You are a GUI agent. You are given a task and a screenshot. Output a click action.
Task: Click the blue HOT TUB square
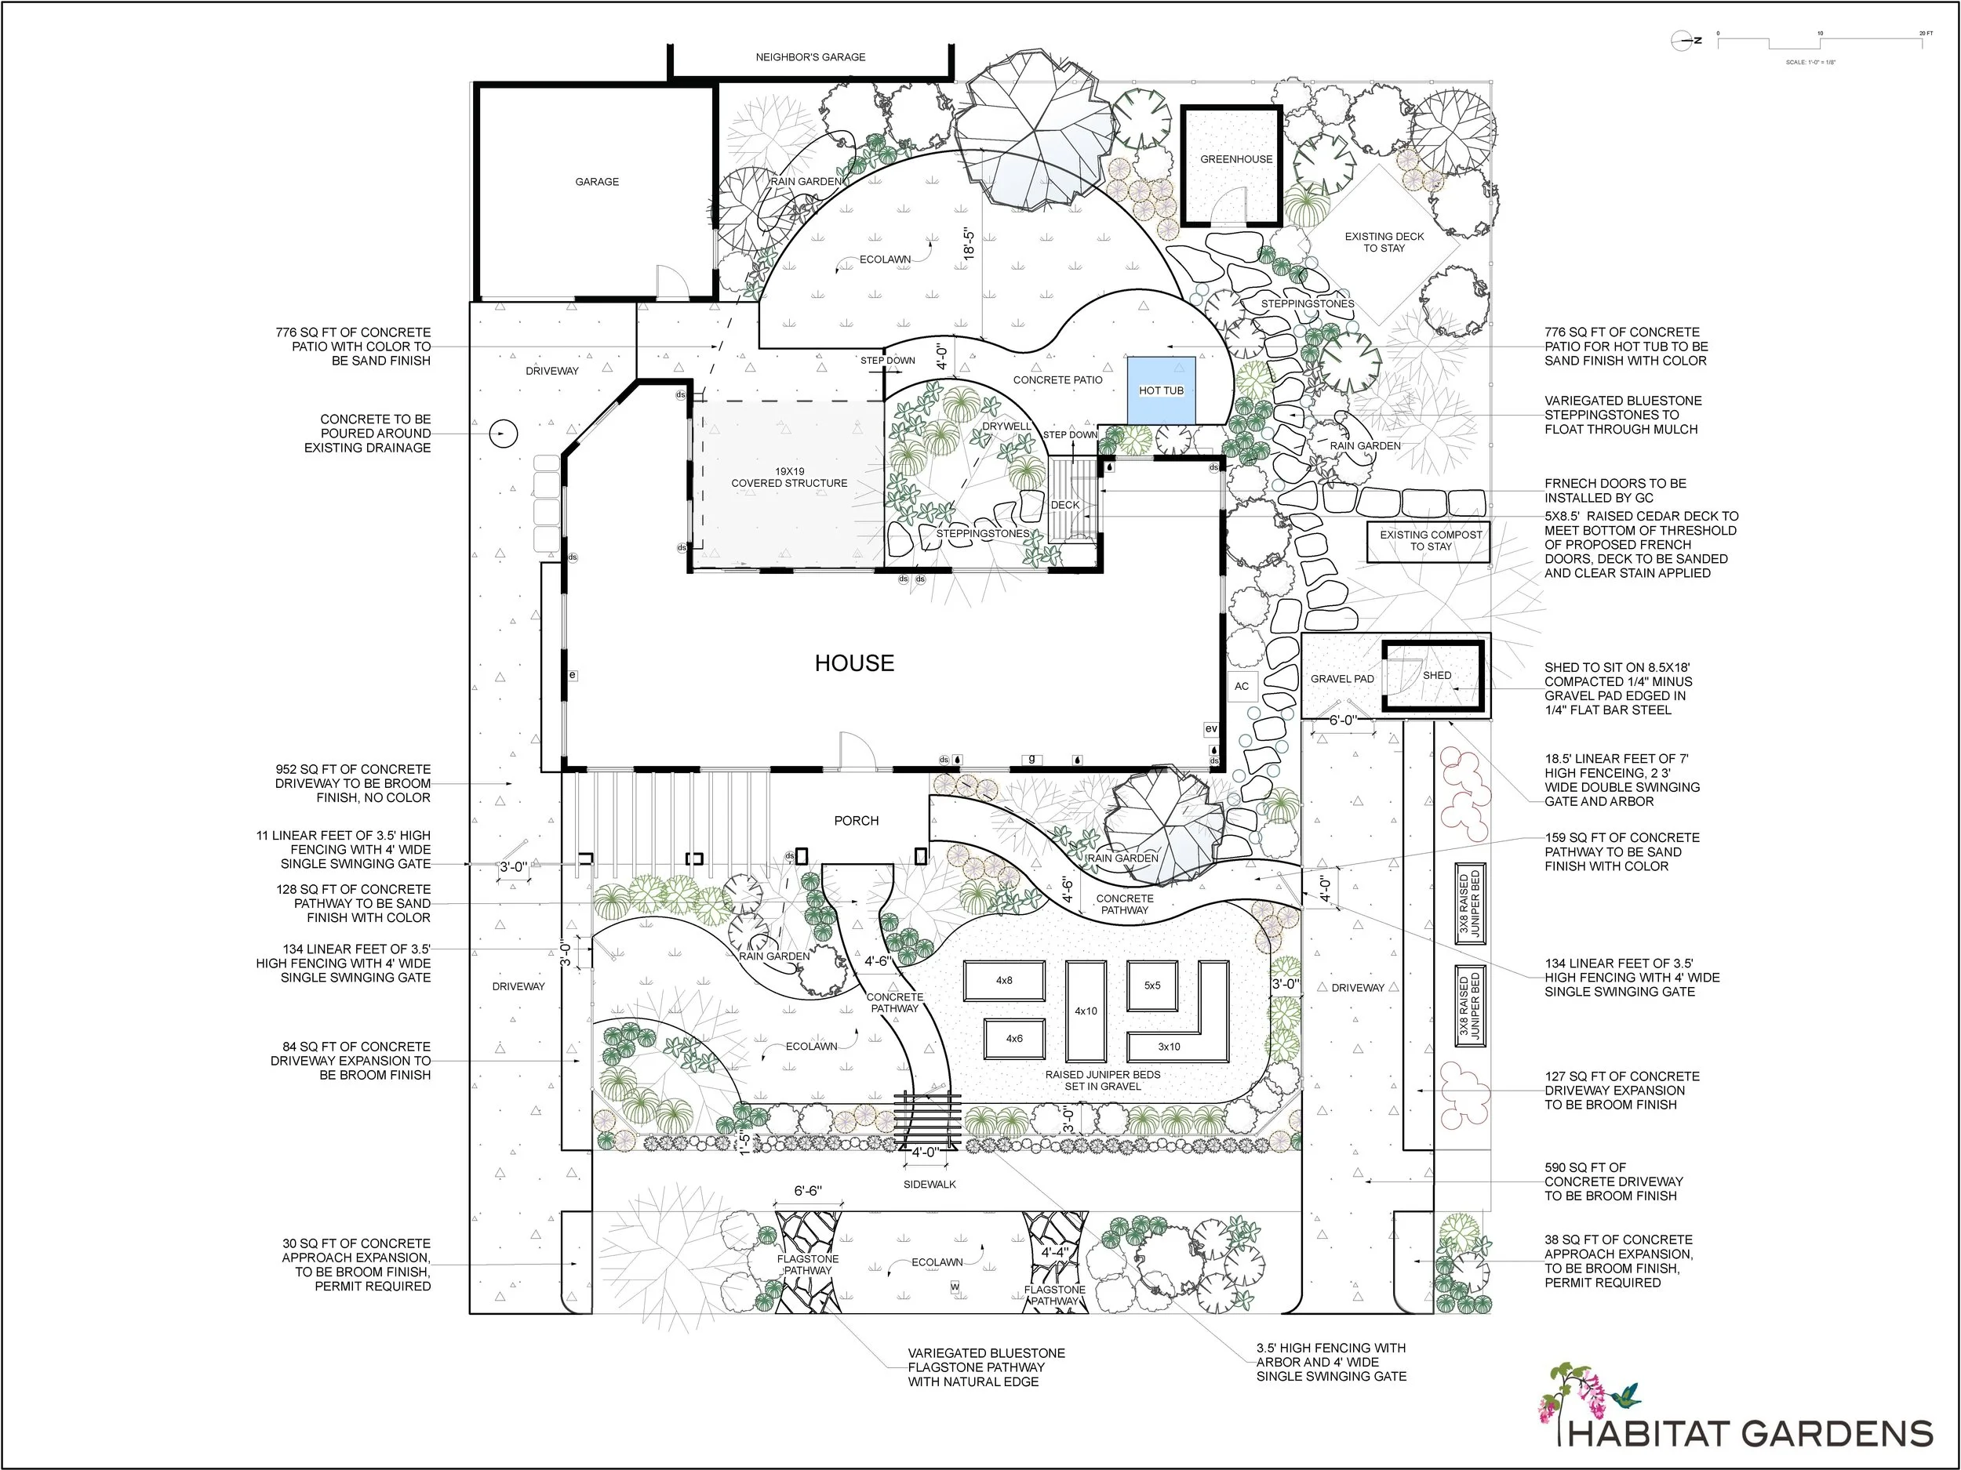pyautogui.click(x=1160, y=390)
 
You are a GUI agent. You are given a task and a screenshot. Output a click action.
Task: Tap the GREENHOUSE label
pyautogui.click(x=1235, y=159)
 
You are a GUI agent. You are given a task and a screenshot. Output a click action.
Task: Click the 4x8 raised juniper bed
pyautogui.click(x=1003, y=981)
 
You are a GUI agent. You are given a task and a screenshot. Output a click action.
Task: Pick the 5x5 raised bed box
pyautogui.click(x=1151, y=985)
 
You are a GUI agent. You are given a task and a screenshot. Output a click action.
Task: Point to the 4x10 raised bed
pyautogui.click(x=1085, y=1011)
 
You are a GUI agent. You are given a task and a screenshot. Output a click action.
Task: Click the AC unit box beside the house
pyautogui.click(x=1241, y=686)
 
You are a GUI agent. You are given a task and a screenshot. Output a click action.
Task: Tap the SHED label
pyautogui.click(x=1437, y=675)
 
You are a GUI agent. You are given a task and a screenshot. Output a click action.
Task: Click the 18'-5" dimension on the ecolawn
pyautogui.click(x=969, y=244)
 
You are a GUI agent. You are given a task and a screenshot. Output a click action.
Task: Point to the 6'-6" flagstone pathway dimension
pyautogui.click(x=806, y=1191)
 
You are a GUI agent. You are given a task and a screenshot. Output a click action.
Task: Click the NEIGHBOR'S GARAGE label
pyautogui.click(x=810, y=56)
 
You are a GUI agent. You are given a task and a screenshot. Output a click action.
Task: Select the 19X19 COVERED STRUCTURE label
pyautogui.click(x=789, y=477)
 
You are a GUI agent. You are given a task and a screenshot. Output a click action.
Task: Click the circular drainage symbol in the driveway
pyautogui.click(x=503, y=434)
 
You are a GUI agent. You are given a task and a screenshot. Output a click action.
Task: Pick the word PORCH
pyautogui.click(x=857, y=821)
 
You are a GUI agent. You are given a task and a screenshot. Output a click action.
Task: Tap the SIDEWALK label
pyautogui.click(x=929, y=1184)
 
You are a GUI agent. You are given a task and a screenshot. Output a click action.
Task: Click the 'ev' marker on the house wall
pyautogui.click(x=1211, y=728)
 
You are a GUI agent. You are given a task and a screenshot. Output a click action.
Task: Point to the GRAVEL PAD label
pyautogui.click(x=1341, y=679)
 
